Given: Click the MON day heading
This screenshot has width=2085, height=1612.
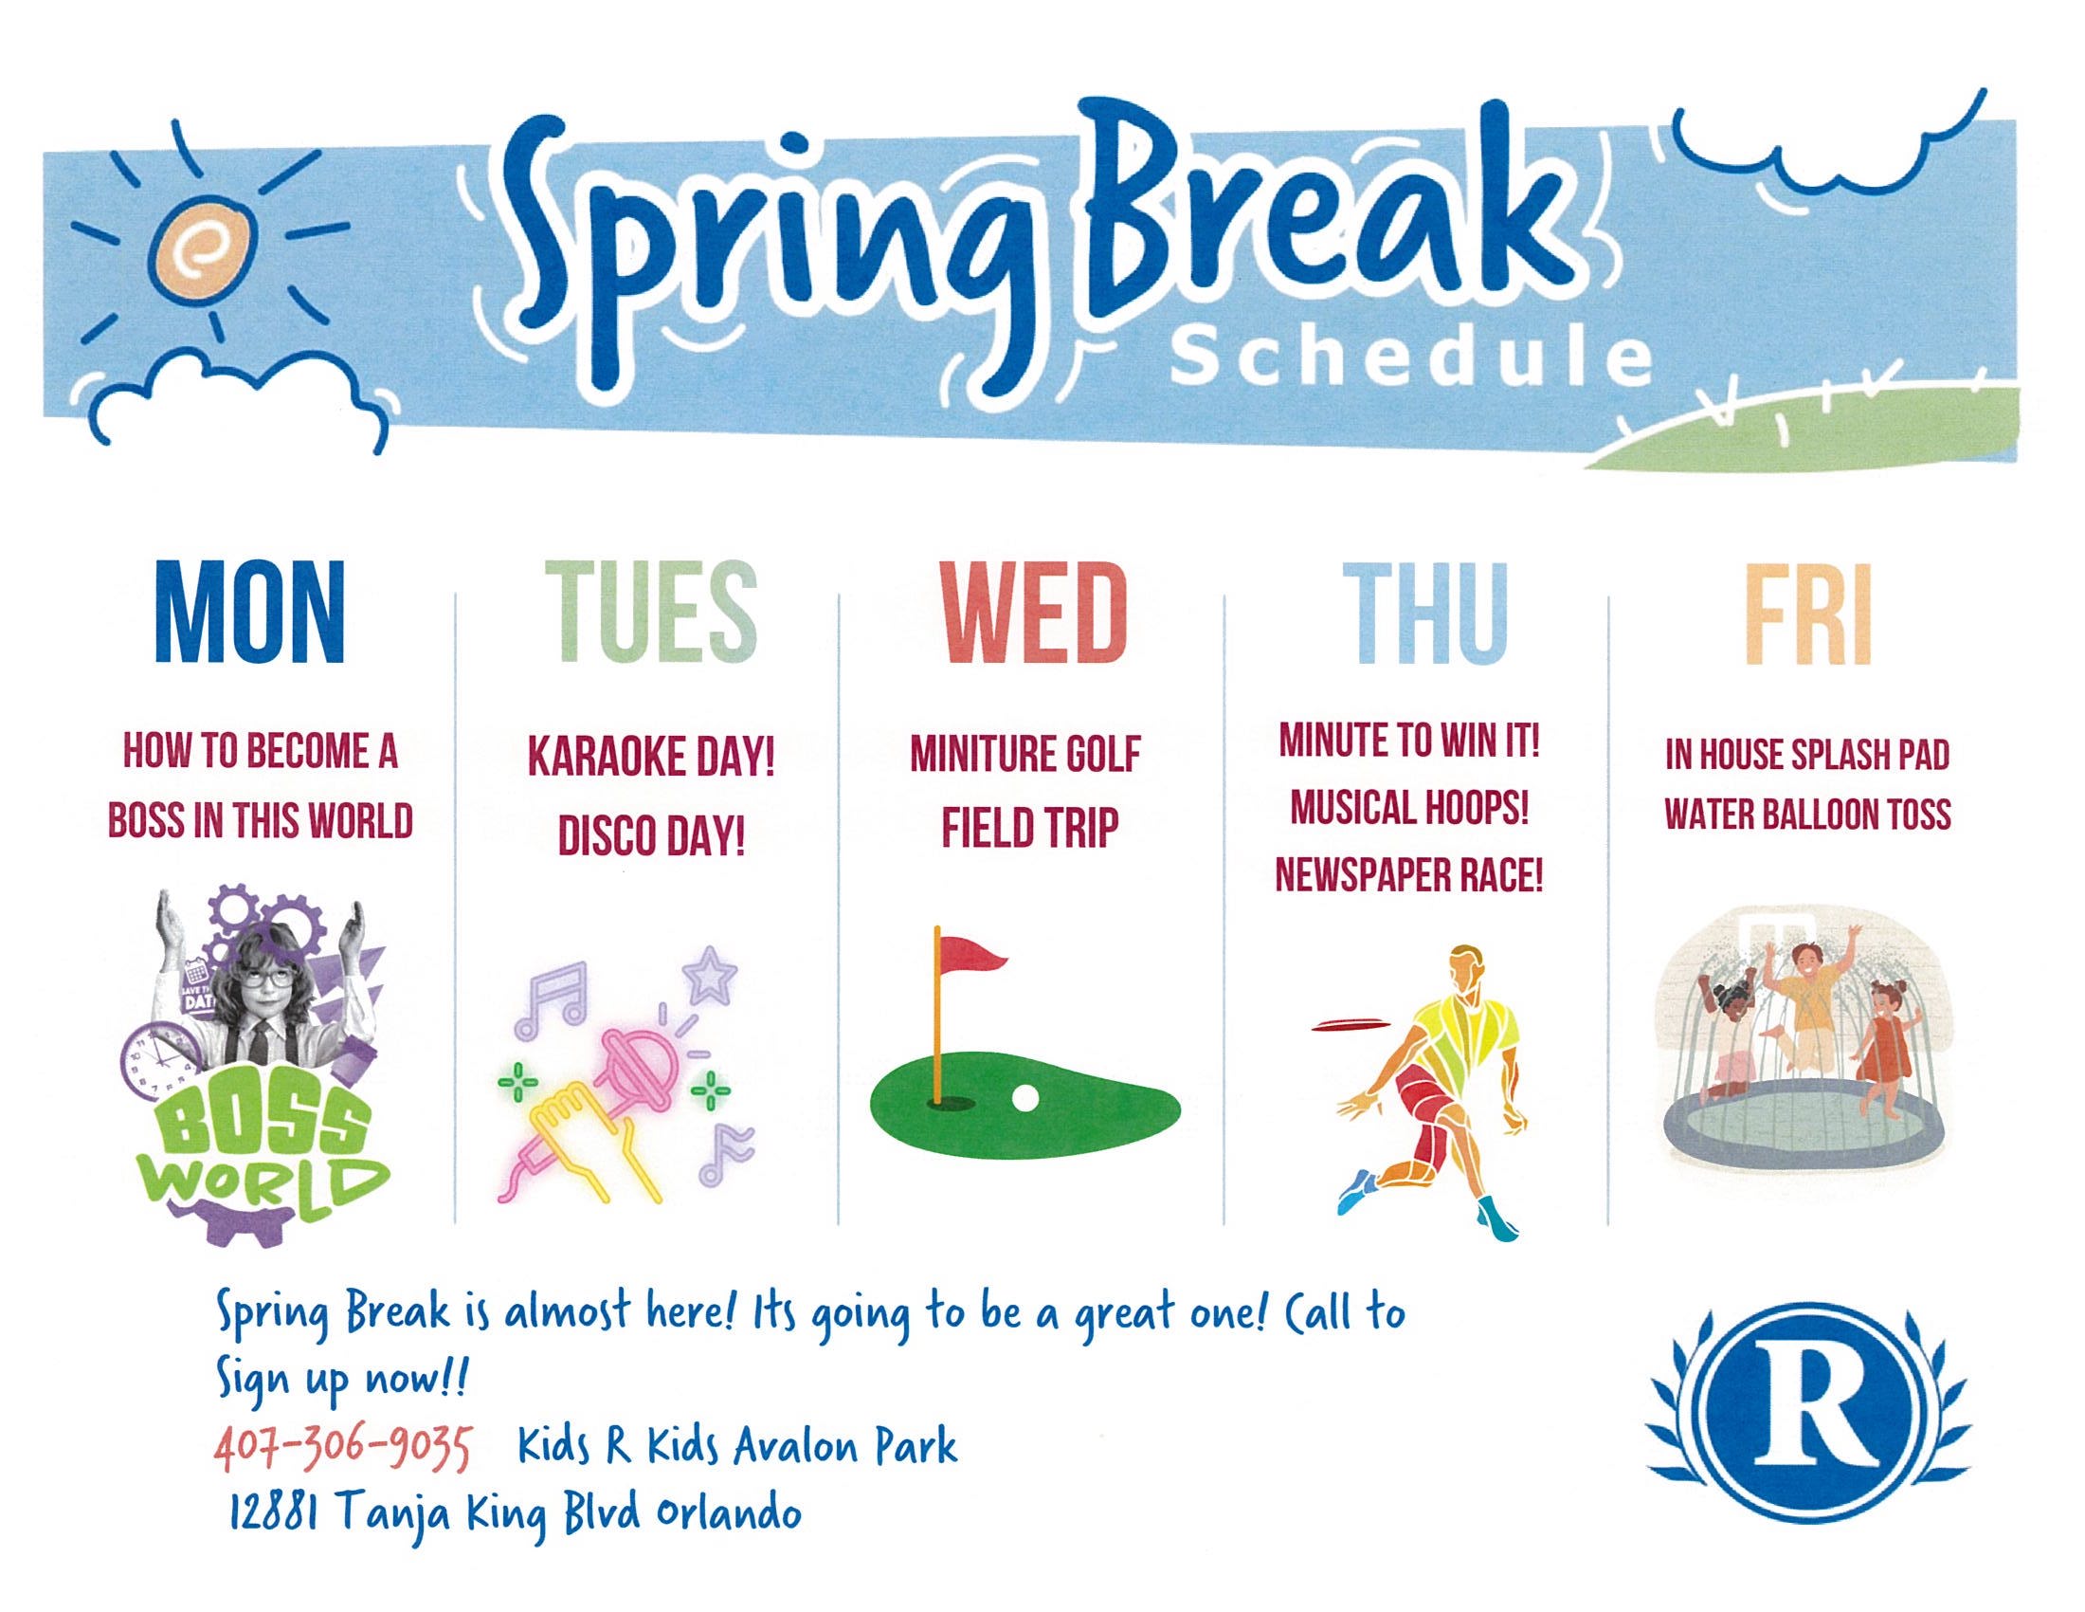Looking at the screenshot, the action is click(x=249, y=614).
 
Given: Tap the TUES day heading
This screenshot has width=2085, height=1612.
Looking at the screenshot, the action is click(x=651, y=614).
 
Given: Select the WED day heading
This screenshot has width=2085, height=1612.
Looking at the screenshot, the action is click(x=1035, y=614).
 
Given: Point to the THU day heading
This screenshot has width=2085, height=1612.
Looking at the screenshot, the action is click(x=1425, y=614).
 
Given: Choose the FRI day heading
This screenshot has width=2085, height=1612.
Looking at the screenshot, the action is click(x=1808, y=614).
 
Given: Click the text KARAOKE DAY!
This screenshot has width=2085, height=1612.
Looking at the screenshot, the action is click(x=651, y=759).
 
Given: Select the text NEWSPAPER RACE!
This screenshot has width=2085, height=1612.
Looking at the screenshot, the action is click(x=1409, y=874).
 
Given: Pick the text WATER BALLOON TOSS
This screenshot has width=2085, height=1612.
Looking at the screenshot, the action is click(x=1807, y=815).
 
